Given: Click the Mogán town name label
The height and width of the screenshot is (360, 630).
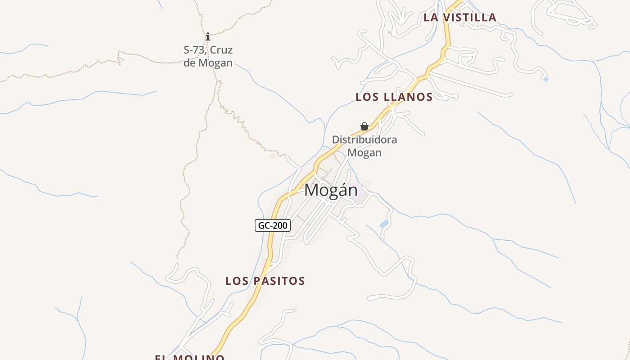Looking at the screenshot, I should (x=331, y=190).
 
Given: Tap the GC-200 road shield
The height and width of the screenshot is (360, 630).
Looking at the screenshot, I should (x=273, y=225).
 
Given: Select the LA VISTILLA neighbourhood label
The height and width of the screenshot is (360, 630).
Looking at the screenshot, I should (x=460, y=18).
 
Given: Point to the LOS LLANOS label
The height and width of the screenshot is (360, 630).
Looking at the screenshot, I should (x=394, y=97).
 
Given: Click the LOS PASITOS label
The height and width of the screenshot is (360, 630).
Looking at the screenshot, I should (x=265, y=281).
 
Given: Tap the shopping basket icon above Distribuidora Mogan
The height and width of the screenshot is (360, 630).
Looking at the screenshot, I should (x=364, y=126).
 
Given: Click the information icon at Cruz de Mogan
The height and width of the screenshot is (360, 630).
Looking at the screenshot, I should (x=207, y=36).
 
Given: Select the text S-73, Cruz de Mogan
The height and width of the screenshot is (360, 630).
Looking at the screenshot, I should (x=208, y=56).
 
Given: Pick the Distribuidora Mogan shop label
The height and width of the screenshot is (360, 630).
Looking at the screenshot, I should (x=364, y=146).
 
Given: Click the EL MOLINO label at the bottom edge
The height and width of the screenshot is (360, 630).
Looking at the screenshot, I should (x=189, y=357).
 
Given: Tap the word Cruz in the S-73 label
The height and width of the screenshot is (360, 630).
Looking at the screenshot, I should (x=221, y=50).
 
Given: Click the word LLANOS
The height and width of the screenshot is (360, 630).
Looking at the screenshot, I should (x=408, y=97).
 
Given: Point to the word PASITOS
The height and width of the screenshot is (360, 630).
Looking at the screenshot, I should (x=279, y=281).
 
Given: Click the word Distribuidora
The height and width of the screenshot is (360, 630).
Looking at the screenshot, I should (x=364, y=139).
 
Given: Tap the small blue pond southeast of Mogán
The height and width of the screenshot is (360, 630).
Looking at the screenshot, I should (x=384, y=224).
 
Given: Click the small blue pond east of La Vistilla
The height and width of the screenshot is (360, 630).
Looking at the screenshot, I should (x=546, y=80).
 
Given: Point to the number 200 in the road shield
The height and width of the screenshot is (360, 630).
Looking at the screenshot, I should (x=280, y=225).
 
